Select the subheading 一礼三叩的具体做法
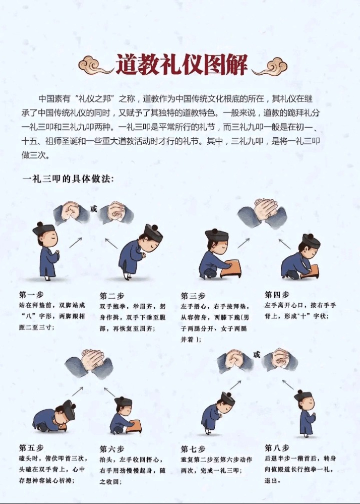(x=68, y=179)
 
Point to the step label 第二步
(x=111, y=296)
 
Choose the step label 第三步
(x=192, y=296)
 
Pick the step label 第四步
(x=277, y=295)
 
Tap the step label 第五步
(x=31, y=447)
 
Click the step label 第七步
(x=193, y=449)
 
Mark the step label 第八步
(x=277, y=447)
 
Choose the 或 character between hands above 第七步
(x=257, y=355)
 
